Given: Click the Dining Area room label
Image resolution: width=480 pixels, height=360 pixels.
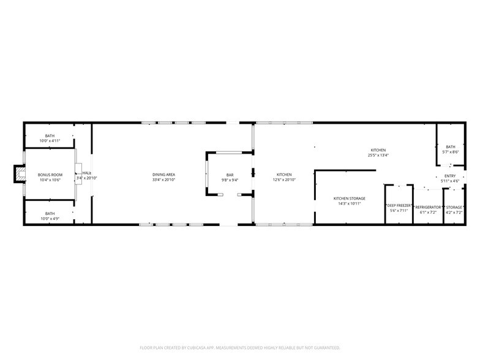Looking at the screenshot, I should coord(163,174).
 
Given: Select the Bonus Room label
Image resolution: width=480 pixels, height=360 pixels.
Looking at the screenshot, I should coord(50,174).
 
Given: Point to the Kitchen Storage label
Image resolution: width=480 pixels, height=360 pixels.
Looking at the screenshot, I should coord(349,198).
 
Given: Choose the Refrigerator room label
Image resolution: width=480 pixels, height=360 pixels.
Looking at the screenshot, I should coord(429,206).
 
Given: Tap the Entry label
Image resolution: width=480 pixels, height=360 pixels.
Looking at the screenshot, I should coord(450,176).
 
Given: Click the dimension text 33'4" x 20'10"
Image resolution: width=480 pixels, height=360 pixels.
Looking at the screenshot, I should coord(163,179).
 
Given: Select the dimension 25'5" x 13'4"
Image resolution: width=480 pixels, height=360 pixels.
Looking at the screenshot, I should coord(378,156).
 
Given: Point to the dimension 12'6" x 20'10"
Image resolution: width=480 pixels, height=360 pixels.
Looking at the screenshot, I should coord(284,179).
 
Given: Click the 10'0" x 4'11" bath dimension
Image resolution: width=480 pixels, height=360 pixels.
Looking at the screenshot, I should coord(50,141).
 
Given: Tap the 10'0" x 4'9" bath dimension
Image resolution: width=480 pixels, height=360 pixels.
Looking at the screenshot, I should coord(50,219).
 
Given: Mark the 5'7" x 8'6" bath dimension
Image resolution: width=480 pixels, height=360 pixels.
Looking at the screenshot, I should coord(451,152).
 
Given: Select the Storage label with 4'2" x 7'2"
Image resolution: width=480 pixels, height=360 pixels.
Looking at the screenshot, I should coord(454,206).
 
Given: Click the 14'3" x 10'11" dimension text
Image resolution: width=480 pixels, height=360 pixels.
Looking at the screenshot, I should coord(349,203).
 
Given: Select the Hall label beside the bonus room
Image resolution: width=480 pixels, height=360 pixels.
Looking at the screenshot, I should coord(87,174).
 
